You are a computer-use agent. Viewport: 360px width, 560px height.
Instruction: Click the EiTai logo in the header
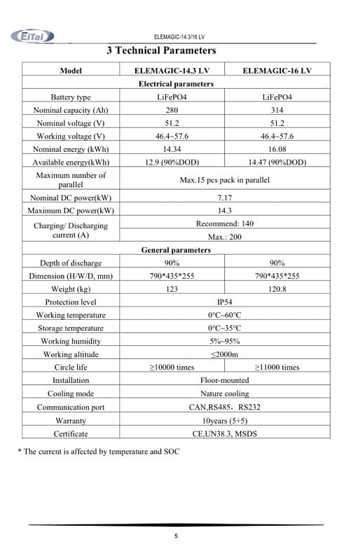pyautogui.click(x=32, y=36)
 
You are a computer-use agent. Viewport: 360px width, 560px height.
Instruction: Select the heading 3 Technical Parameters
pyautogui.click(x=161, y=50)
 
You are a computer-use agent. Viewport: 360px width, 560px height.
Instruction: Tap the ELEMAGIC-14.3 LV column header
pyautogui.click(x=172, y=71)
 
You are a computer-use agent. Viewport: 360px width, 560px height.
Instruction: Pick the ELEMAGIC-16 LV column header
pyautogui.click(x=277, y=71)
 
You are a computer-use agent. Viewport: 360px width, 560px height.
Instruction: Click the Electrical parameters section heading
pyautogui.click(x=176, y=84)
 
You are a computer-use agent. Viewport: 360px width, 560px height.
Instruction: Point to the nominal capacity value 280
pyautogui.click(x=172, y=110)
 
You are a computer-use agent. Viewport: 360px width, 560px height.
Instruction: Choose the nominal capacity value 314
pyautogui.click(x=277, y=110)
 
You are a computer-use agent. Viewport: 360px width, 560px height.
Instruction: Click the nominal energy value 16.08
pyautogui.click(x=277, y=149)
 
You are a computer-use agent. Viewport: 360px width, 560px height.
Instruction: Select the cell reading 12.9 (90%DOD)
pyautogui.click(x=172, y=162)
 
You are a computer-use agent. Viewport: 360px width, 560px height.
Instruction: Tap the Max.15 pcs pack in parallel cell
pyautogui.click(x=224, y=180)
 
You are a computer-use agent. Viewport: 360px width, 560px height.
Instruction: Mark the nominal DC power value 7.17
pyautogui.click(x=224, y=198)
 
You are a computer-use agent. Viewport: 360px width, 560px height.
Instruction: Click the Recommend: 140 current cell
pyautogui.click(x=224, y=224)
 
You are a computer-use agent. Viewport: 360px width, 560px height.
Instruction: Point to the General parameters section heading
pyautogui.click(x=176, y=250)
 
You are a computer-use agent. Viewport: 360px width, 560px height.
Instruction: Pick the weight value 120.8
pyautogui.click(x=277, y=289)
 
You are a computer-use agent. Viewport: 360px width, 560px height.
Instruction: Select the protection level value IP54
pyautogui.click(x=224, y=302)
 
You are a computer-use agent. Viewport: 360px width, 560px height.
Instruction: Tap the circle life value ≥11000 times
pyautogui.click(x=277, y=367)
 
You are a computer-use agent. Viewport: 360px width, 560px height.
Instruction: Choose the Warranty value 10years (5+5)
pyautogui.click(x=224, y=421)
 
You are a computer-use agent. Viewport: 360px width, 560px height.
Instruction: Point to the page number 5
pyautogui.click(x=176, y=537)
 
